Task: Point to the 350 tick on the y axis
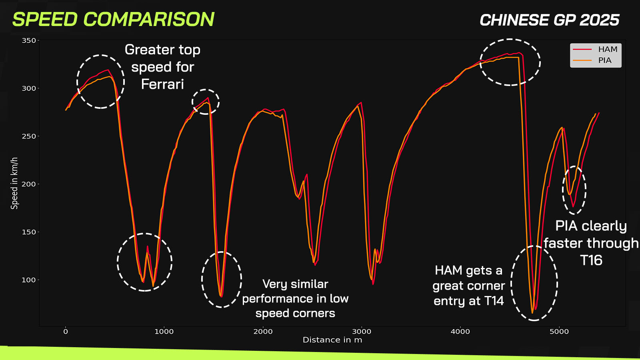tap(29, 40)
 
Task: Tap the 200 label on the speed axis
tap(29, 184)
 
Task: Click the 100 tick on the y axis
tap(29, 280)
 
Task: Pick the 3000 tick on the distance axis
tap(362, 332)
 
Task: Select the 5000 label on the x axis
tap(559, 332)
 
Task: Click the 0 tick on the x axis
tap(66, 332)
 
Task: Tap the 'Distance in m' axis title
tap(332, 340)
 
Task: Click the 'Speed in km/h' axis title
tap(14, 184)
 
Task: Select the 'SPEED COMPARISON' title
tap(114, 20)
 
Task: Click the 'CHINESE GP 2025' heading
tap(550, 20)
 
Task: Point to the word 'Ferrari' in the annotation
tap(162, 84)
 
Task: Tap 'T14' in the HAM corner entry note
tap(494, 301)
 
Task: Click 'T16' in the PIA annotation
tap(591, 260)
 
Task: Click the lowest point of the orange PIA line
tap(532, 313)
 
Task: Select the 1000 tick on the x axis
tap(164, 332)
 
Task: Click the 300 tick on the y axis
tap(29, 88)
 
